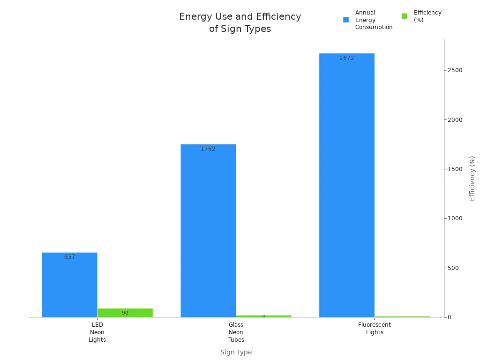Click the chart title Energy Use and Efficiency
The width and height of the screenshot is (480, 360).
tap(240, 22)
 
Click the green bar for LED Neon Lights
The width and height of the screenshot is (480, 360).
tap(125, 313)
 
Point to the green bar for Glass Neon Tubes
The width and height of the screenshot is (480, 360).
tap(263, 316)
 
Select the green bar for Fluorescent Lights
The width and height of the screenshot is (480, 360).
tap(402, 317)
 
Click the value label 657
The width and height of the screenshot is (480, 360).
tap(70, 257)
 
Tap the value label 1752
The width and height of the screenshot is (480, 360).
tap(208, 149)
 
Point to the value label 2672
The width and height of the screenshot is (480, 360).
tap(347, 58)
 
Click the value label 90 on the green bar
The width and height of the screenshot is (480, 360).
tap(125, 313)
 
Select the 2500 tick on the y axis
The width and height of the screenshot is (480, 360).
tap(455, 70)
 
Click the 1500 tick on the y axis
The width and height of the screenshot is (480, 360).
tap(455, 169)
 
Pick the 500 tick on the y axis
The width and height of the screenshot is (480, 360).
tap(453, 268)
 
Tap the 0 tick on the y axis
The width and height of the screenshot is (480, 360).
tap(449, 317)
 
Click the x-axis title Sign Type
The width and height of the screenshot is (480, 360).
tap(236, 352)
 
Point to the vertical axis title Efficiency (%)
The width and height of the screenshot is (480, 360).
tap(472, 178)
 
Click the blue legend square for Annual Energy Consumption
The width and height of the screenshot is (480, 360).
tap(346, 20)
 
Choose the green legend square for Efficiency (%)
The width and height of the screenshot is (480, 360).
tap(405, 16)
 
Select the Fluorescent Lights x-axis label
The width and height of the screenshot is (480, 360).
tap(375, 329)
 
